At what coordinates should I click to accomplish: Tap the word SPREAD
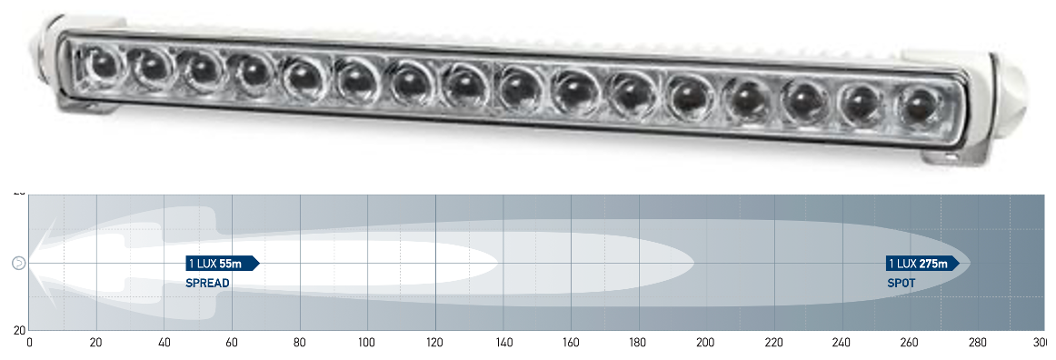tap(207, 284)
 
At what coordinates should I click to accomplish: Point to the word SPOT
tap(901, 284)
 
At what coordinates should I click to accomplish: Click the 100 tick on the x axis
tap(367, 343)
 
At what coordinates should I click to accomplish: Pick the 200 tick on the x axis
tap(706, 343)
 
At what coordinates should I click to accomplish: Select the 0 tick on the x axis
tap(30, 343)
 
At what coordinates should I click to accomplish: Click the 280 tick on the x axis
tap(977, 343)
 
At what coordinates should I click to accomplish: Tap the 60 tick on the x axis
tap(233, 343)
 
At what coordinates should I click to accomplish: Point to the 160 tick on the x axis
tap(571, 343)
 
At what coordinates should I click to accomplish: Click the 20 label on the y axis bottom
tap(18, 330)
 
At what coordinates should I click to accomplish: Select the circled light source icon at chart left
tap(18, 264)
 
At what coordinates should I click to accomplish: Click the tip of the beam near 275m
tap(970, 264)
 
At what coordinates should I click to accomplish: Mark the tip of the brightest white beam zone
tap(498, 264)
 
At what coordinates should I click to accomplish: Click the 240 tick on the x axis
tap(842, 343)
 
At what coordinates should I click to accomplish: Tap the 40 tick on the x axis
tap(164, 343)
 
